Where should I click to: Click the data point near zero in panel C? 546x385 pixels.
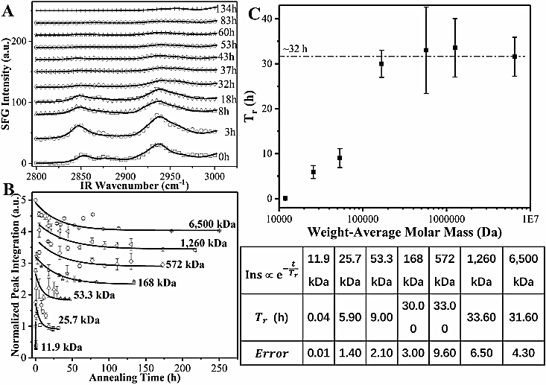coord(285,198)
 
